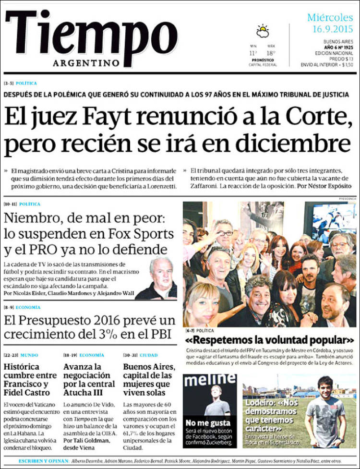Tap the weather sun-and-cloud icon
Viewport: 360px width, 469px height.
(x=263, y=31)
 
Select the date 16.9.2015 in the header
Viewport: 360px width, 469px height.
(x=331, y=29)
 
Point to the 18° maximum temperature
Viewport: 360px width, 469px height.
(x=271, y=53)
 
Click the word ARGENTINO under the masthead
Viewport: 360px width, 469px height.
(x=86, y=63)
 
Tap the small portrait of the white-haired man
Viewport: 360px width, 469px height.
(x=162, y=278)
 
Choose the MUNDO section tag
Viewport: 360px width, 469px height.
(x=29, y=355)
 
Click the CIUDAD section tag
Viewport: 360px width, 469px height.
(x=148, y=355)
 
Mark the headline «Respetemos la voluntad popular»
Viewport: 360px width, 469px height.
(x=270, y=340)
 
